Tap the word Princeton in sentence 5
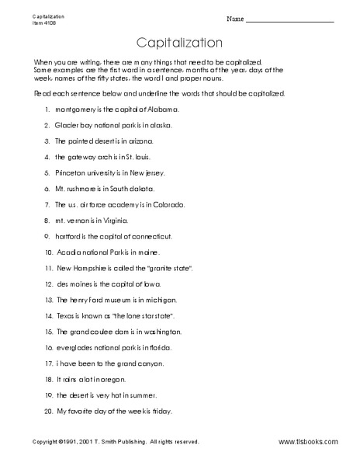tap(71, 172)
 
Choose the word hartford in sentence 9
tap(68, 236)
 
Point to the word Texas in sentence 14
tap(65, 316)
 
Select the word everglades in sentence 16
tap(74, 348)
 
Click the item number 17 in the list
tap(48, 363)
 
